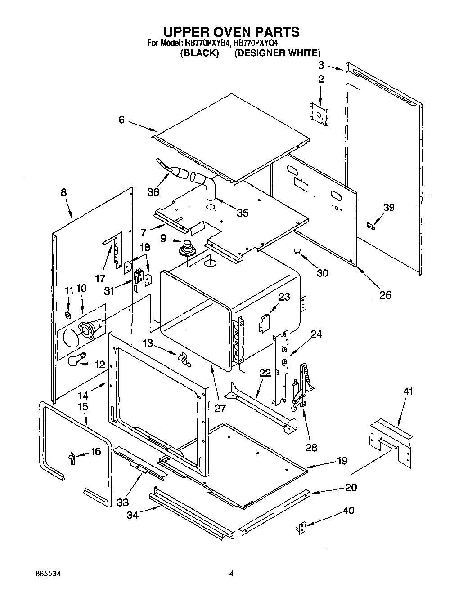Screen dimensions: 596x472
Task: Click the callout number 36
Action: click(153, 192)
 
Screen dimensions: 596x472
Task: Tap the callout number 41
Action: click(408, 391)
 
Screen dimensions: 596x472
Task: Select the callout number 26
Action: click(386, 295)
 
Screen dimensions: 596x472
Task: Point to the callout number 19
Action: click(342, 460)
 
